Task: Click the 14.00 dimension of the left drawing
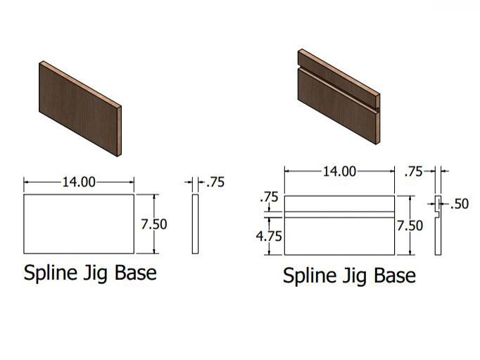tap(79, 182)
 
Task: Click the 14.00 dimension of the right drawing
tap(339, 172)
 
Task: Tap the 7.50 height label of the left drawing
tap(154, 224)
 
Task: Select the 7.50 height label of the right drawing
tap(410, 226)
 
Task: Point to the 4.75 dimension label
tap(269, 236)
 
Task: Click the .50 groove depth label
tap(460, 204)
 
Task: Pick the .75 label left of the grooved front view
tap(269, 197)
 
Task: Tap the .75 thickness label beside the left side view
tap(215, 182)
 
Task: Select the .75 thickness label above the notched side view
tap(413, 172)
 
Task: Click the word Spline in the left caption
tap(50, 273)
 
